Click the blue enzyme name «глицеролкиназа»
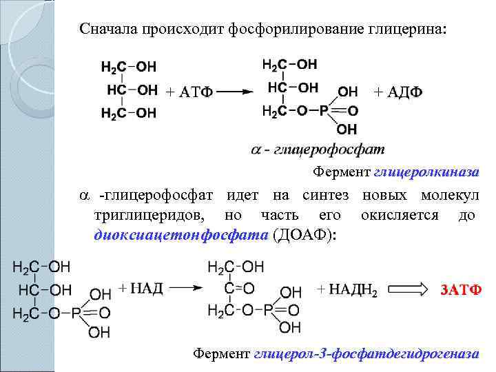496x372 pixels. pyautogui.click(x=426, y=172)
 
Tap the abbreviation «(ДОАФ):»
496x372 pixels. pyautogui.click(x=304, y=234)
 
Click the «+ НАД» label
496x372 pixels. pyautogui.click(x=141, y=288)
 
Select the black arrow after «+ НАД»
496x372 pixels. pyautogui.click(x=185, y=289)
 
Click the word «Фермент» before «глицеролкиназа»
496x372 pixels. pyautogui.click(x=342, y=172)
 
